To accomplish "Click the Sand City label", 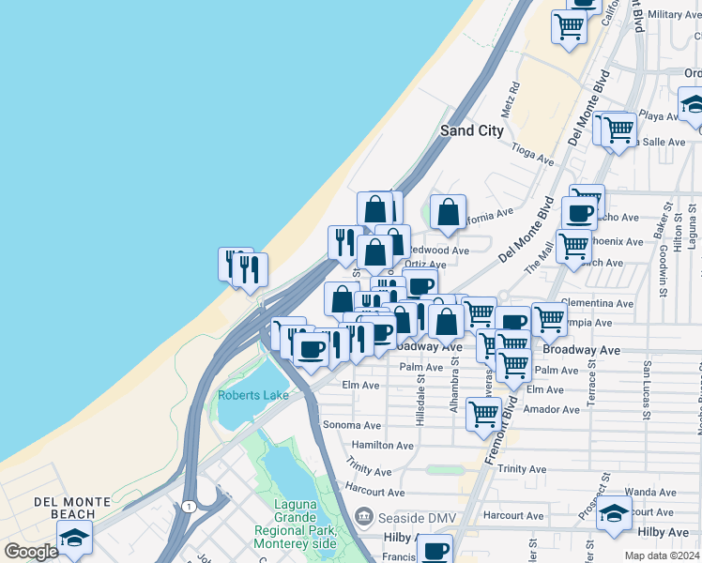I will [x=472, y=130].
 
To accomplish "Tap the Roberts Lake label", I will [x=253, y=395].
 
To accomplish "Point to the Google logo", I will [x=32, y=551].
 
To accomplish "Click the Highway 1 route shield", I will [x=191, y=507].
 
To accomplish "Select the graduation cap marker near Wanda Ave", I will [x=614, y=513].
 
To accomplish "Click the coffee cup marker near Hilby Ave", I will [x=435, y=549].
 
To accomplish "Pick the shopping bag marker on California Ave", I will [x=449, y=212].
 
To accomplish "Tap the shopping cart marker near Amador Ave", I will [x=483, y=413].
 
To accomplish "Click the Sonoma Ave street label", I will [x=351, y=425].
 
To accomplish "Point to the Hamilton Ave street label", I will [x=382, y=446].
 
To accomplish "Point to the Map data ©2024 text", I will [x=663, y=555].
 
